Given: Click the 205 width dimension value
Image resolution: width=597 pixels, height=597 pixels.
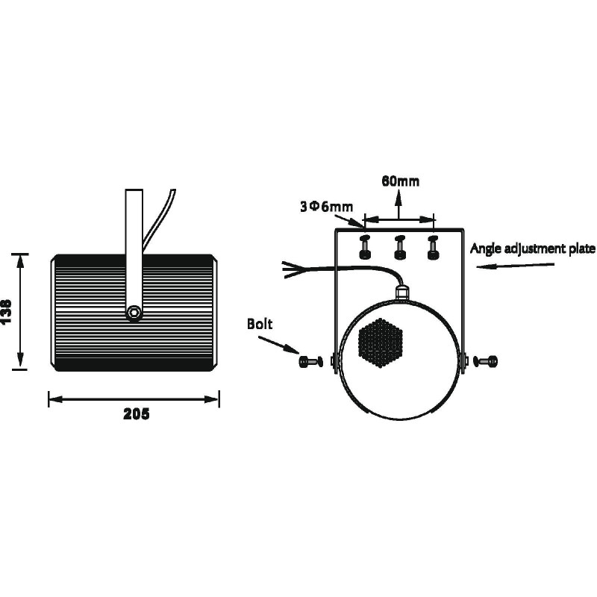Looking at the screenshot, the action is (x=137, y=414).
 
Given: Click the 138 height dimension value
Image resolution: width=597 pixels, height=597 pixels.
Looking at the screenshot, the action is (x=7, y=311).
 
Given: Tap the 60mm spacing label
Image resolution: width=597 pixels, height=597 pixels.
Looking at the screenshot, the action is (x=400, y=181).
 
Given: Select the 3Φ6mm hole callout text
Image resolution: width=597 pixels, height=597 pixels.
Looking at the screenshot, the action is (x=326, y=207).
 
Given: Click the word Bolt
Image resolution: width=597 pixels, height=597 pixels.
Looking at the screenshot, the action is (x=260, y=324).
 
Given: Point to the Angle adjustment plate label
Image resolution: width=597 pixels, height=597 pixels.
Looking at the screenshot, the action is (x=532, y=249).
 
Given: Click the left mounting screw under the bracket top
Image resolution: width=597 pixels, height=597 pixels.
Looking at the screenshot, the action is (x=366, y=247).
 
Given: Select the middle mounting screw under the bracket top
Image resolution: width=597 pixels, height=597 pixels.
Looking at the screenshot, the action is (x=399, y=247).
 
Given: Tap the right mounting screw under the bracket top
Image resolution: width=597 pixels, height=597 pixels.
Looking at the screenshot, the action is (x=433, y=247).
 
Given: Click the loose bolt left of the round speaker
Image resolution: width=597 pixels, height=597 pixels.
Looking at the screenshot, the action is (x=311, y=361).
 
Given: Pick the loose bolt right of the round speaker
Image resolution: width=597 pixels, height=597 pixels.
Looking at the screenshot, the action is (x=486, y=361).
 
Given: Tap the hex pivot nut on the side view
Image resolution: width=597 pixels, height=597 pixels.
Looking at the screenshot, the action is (x=134, y=312).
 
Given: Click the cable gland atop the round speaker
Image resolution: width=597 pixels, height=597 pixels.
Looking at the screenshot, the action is (x=401, y=291).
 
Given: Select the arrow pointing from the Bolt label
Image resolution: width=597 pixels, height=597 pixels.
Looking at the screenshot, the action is (x=278, y=345).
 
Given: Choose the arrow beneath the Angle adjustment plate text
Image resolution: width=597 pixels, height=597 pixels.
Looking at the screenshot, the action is (x=515, y=266).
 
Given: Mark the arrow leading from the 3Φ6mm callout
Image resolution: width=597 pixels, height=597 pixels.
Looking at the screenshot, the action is (x=349, y=221).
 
